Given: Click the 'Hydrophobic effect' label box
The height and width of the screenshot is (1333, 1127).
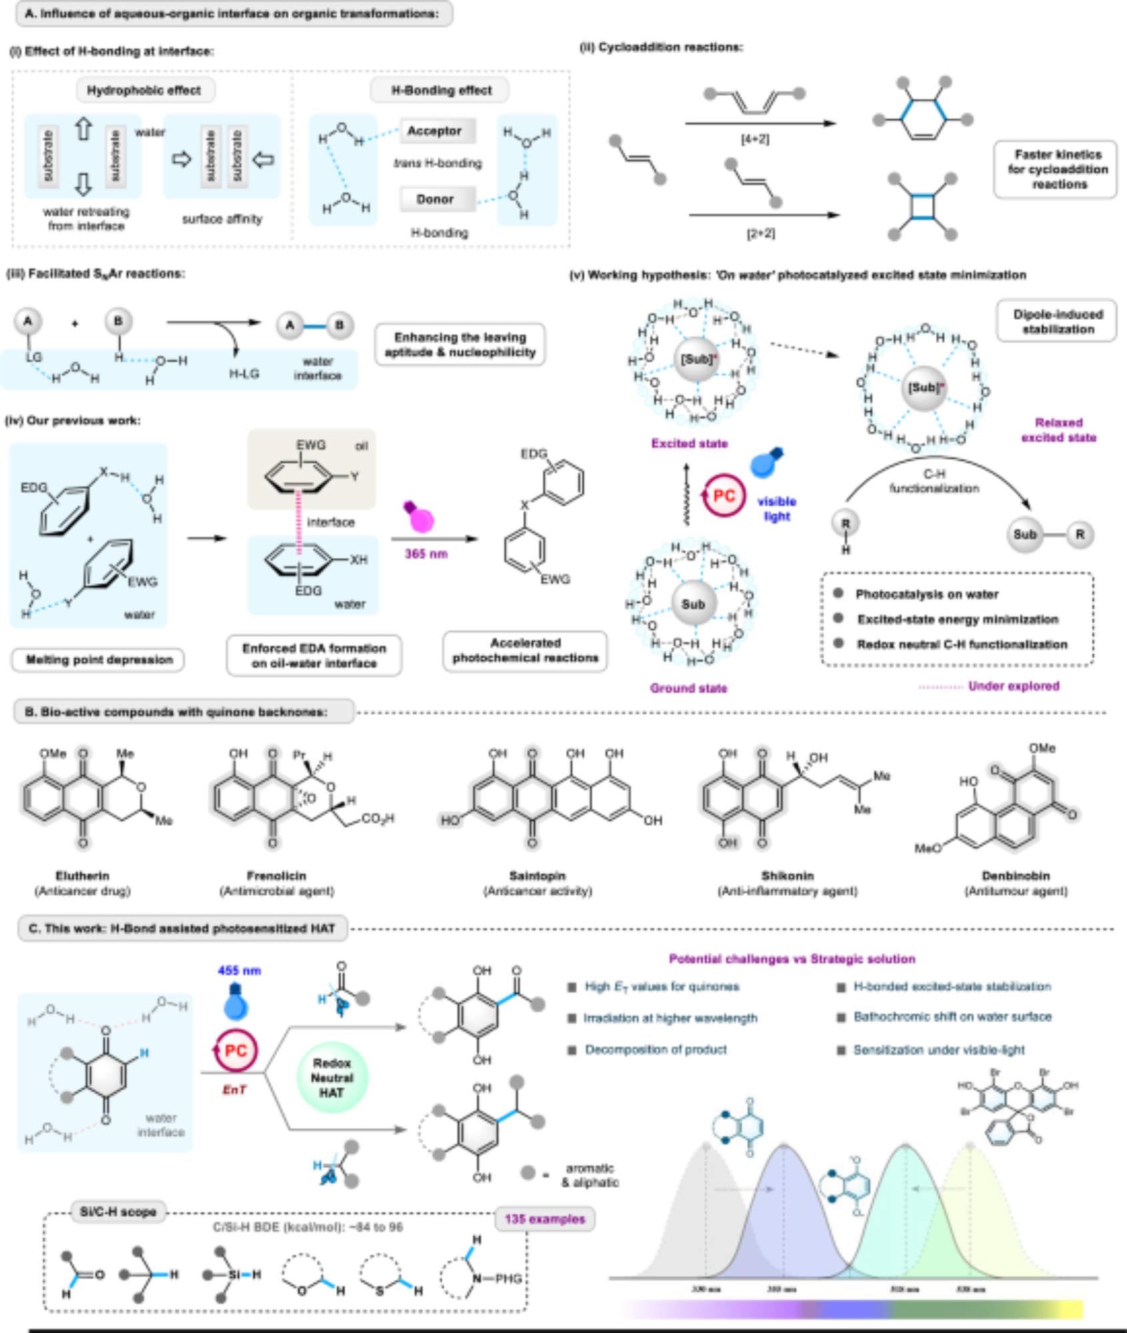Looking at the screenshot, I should pyautogui.click(x=143, y=91).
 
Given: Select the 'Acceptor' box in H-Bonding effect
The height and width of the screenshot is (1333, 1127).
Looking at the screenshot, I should pyautogui.click(x=435, y=131).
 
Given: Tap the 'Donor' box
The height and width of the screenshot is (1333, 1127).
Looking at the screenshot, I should pyautogui.click(x=435, y=199).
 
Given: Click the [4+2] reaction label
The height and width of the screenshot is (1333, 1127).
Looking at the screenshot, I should pyautogui.click(x=755, y=139).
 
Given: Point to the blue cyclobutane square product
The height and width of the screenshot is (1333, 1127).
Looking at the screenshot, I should pyautogui.click(x=923, y=206).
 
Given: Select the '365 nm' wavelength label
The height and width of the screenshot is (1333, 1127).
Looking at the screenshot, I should pyautogui.click(x=425, y=554).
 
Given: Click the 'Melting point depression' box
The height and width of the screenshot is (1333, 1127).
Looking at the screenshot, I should pyautogui.click(x=99, y=660).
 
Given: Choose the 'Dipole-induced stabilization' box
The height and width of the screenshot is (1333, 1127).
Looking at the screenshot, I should pyautogui.click(x=1058, y=321).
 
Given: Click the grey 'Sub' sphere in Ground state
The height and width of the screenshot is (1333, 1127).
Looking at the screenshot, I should pyautogui.click(x=693, y=604).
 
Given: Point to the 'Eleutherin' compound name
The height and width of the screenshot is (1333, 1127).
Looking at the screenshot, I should pyautogui.click(x=83, y=876).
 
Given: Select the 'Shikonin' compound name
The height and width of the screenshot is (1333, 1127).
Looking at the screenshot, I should pyautogui.click(x=788, y=876).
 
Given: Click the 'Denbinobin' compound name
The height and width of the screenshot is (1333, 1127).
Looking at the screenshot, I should pyautogui.click(x=1016, y=876).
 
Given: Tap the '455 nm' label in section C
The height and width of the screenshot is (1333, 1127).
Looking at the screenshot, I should pyautogui.click(x=239, y=970).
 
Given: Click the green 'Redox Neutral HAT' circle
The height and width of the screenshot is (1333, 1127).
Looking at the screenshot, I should pyautogui.click(x=331, y=1078).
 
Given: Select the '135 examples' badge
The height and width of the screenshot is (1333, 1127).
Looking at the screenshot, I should pyautogui.click(x=545, y=1219).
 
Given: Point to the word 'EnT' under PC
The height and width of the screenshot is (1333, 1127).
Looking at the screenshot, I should pyautogui.click(x=234, y=1090).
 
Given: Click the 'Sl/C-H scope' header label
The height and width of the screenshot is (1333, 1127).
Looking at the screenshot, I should pyautogui.click(x=118, y=1212).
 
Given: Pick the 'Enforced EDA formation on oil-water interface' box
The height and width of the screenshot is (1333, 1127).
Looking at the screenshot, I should pyautogui.click(x=313, y=656).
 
